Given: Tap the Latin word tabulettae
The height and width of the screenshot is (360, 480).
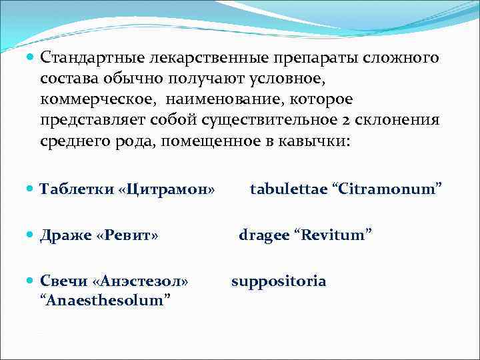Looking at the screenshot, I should (289, 189).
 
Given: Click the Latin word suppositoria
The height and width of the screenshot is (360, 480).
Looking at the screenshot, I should (279, 281).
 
